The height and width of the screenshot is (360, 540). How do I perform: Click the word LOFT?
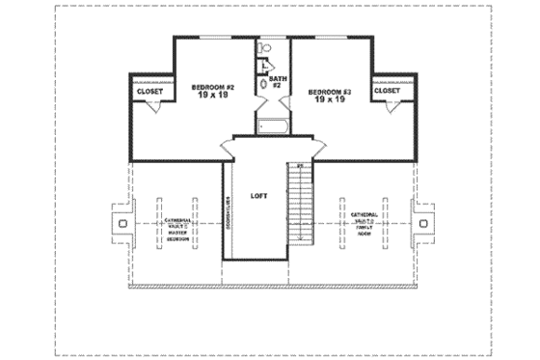(x=257, y=195)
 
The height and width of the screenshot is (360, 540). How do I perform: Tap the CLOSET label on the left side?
(x=149, y=92)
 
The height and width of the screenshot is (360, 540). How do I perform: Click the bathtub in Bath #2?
(x=273, y=125)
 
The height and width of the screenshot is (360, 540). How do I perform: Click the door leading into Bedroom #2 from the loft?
(x=226, y=144)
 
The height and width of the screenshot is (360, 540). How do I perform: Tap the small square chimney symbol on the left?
(x=122, y=223)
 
